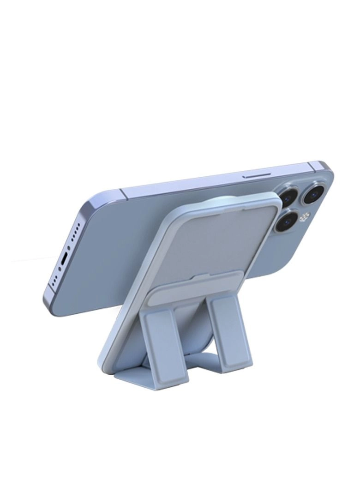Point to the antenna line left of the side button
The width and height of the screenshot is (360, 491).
coord(121,191)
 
